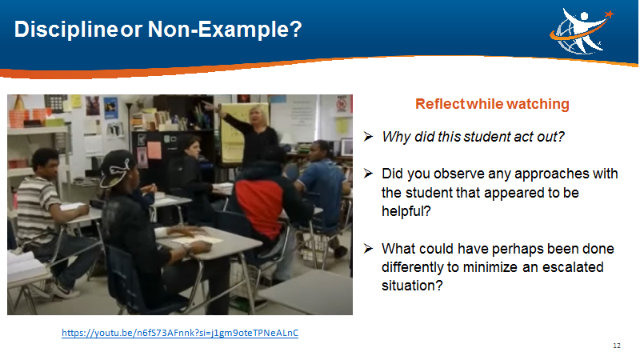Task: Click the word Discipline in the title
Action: click(66, 30)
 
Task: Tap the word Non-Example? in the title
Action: click(225, 29)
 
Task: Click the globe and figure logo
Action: click(582, 31)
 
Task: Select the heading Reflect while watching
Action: click(492, 104)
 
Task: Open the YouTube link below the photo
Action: click(180, 333)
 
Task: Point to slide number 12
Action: click(616, 346)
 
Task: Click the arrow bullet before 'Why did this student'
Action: click(368, 136)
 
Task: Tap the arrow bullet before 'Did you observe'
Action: click(368, 174)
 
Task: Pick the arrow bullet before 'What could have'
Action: click(368, 248)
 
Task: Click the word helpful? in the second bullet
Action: click(406, 211)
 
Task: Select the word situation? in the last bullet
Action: click(412, 286)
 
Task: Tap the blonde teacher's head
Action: click(258, 115)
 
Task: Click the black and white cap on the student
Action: click(116, 168)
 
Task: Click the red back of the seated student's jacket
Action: click(260, 207)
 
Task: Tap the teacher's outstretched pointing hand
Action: click(209, 106)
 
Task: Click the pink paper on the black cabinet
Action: click(154, 150)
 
